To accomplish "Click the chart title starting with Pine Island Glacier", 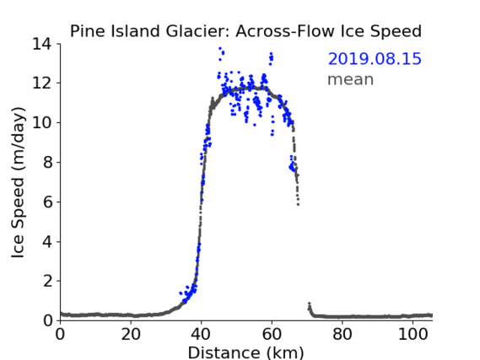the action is (245, 31).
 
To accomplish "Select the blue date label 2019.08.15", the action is (375, 59).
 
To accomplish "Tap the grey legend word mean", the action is (351, 79).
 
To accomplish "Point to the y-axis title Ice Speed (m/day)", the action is (18, 182).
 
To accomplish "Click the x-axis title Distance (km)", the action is (245, 352).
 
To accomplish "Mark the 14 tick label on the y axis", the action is (41, 44).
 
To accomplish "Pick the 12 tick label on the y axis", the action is (41, 83).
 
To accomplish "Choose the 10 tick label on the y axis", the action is (41, 122).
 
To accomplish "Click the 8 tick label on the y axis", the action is (47, 162).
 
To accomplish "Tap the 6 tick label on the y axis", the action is (47, 201).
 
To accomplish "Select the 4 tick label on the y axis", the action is (47, 242).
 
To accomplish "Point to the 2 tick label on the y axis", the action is (47, 281).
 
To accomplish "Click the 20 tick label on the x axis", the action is (131, 335).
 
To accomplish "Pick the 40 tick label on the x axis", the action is (201, 335).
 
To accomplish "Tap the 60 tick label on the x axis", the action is (272, 335).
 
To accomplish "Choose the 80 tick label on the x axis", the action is (342, 335).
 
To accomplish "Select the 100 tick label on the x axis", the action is (413, 335).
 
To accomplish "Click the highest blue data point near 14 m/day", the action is (220, 48).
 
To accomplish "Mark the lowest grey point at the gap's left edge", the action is (298, 204).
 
